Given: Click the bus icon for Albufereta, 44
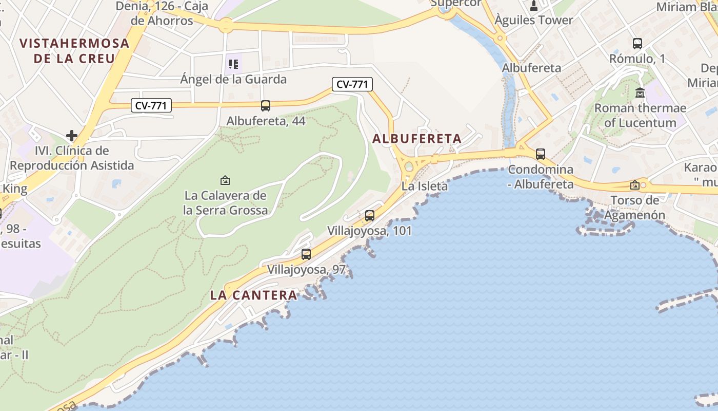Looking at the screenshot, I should (265, 106).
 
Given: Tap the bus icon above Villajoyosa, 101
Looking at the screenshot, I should (370, 216).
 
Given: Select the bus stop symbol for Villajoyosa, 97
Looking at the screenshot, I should (306, 254).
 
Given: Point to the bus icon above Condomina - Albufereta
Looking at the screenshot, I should (541, 154).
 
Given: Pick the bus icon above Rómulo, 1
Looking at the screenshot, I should (637, 44).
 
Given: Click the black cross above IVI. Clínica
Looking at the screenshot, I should (72, 136).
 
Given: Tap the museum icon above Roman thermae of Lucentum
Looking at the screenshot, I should (640, 93).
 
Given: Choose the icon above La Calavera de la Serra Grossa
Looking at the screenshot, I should (225, 180).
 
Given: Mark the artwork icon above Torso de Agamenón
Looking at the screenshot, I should (635, 185).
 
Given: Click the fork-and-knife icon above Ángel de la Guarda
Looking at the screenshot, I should (233, 64).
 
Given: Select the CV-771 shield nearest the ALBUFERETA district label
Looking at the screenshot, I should (352, 84).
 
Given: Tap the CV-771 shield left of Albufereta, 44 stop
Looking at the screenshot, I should (151, 106).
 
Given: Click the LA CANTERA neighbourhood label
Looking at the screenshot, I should (254, 295).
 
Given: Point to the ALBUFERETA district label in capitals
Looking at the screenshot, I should (417, 139).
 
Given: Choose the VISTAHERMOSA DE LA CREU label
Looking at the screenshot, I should (74, 50).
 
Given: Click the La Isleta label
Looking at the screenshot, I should (425, 186).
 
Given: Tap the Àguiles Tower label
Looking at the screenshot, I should (533, 20).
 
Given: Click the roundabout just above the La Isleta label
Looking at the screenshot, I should (409, 166).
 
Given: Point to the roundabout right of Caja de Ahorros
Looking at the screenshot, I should (226, 24).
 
